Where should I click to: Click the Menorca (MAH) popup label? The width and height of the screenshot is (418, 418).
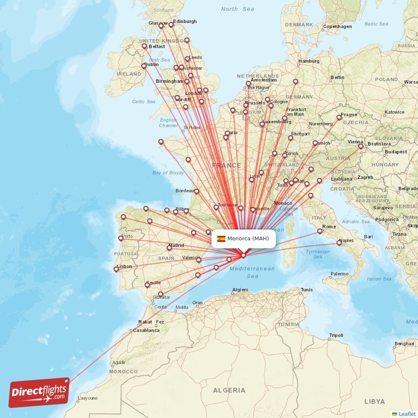pos(248,239)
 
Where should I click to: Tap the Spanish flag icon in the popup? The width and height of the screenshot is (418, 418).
pos(221,239)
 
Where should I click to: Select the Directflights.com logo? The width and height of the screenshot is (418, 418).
pos(39,392)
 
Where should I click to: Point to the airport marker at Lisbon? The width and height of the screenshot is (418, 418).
pos(116,270)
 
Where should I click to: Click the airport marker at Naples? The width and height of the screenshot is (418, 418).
pos(339,242)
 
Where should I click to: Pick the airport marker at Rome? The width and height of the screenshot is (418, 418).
pos(320,231)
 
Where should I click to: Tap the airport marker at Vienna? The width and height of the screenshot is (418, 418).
pos(361,146)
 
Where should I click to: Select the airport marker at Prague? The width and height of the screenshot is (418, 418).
pos(338,118)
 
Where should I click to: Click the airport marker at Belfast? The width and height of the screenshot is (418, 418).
pos(144,46)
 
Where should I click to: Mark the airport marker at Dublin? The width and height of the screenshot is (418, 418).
pos(144,66)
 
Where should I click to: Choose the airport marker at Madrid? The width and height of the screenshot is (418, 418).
pos(169,248)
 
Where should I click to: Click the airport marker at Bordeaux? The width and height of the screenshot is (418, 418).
pos(196,191)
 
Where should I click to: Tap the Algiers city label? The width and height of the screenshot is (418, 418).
pos(240,289)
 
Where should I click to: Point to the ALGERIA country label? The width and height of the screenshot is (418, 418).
pos(229,390)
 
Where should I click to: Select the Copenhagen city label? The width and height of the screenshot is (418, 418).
pos(337,27)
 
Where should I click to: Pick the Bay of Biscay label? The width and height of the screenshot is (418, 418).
pos(168,172)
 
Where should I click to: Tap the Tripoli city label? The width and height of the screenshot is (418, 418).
pos(336,335)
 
